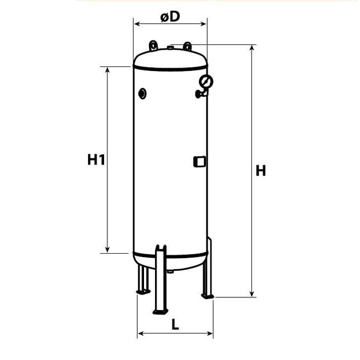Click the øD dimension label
(x=171, y=17)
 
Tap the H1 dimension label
(x=96, y=160)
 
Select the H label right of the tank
(x=260, y=171)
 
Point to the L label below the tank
(x=175, y=325)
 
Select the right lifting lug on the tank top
(x=188, y=45)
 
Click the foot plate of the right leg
(x=208, y=296)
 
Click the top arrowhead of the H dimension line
(x=253, y=48)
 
